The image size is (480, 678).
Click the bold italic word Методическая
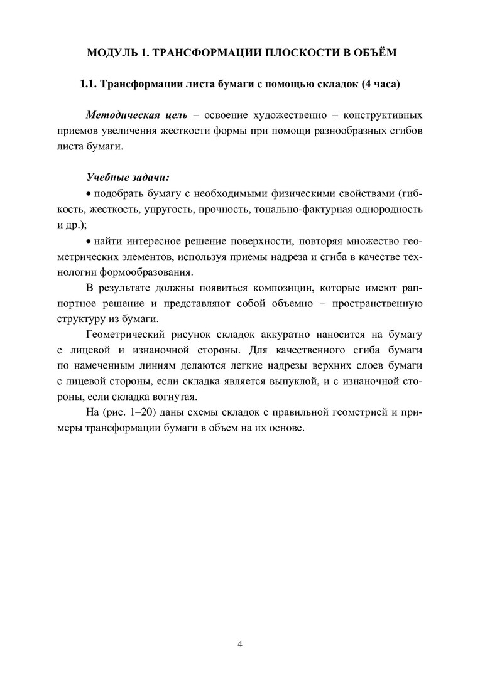pyautogui.click(x=122, y=116)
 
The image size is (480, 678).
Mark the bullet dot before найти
pyautogui.click(x=88, y=240)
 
